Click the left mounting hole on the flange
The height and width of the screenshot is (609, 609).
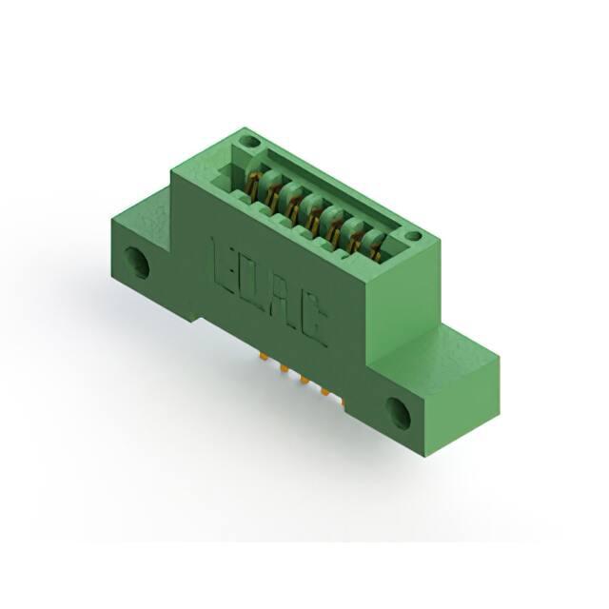pos(137,263)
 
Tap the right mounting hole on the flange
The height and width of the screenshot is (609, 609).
pos(399,414)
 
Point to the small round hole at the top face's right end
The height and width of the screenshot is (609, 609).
pos(415,235)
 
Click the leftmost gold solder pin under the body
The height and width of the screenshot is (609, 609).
pos(264,356)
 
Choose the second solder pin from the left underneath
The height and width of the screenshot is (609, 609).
pos(284,368)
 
